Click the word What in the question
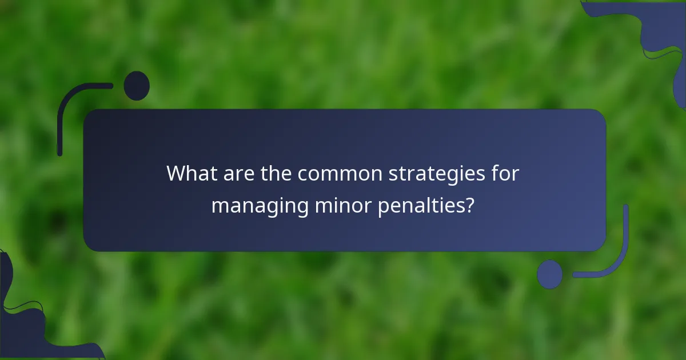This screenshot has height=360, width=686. pos(191,174)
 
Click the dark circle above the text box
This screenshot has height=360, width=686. pos(137,86)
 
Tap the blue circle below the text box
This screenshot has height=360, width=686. pos(549,274)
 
